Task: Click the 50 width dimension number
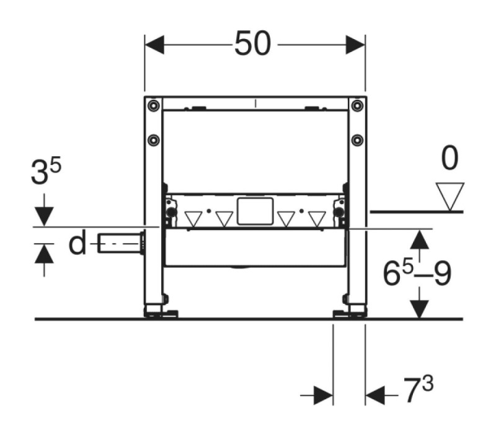pos(252,43)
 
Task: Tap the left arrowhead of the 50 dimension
pos(154,45)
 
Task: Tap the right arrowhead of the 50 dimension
pos(355,45)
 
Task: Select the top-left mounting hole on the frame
pos(154,105)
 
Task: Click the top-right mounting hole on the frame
pos(357,105)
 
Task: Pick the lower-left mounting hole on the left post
pos(154,140)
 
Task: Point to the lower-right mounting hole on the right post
pos(357,140)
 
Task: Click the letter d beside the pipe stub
pos(77,242)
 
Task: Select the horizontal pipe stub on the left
pos(121,242)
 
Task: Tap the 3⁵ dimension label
pos(46,172)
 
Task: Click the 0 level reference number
pos(449,158)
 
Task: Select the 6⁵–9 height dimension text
pos(417,274)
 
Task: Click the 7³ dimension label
pos(418,389)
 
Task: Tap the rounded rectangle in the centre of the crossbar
pos(255,211)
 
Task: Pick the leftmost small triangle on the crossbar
pos(193,219)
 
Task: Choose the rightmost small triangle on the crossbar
pos(317,219)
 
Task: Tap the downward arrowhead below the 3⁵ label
pos(44,216)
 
